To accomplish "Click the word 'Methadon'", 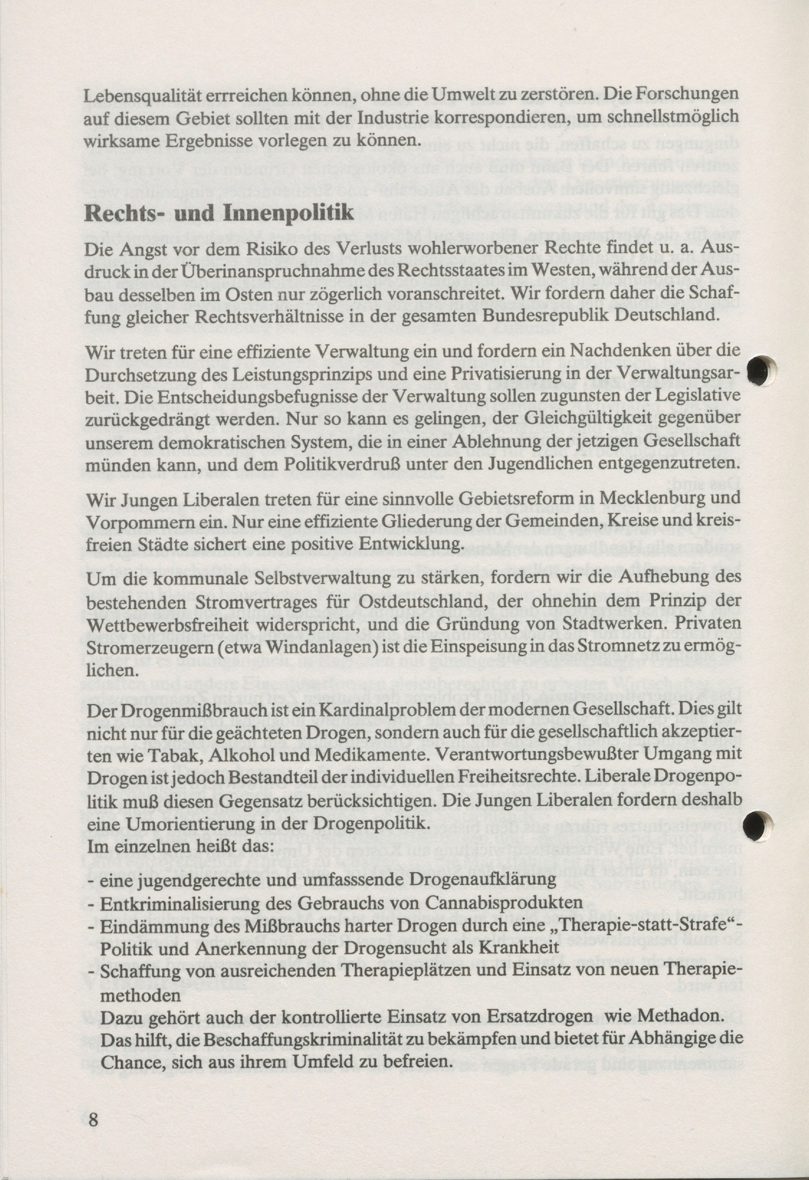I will [678, 1016].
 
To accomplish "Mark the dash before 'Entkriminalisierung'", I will [92, 904].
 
